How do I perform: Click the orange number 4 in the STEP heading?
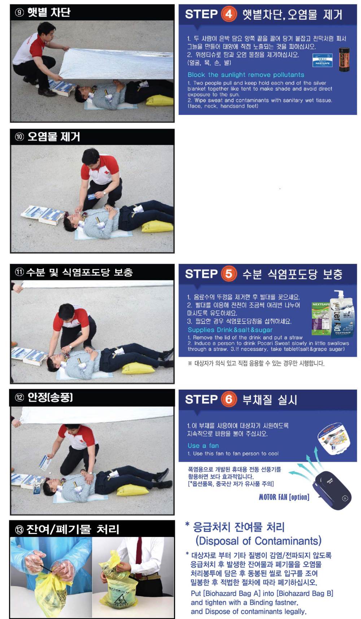point(229,14)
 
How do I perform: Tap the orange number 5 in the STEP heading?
point(229,274)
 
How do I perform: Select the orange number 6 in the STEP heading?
point(229,399)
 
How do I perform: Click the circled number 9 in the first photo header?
point(19,13)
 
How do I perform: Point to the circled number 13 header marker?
point(19,530)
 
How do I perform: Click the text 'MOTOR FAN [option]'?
point(284,497)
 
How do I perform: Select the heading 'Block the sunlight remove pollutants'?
point(246,75)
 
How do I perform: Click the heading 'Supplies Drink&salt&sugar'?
point(230,330)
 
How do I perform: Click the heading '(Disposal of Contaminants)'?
point(258,541)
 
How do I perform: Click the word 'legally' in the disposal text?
point(294,611)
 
